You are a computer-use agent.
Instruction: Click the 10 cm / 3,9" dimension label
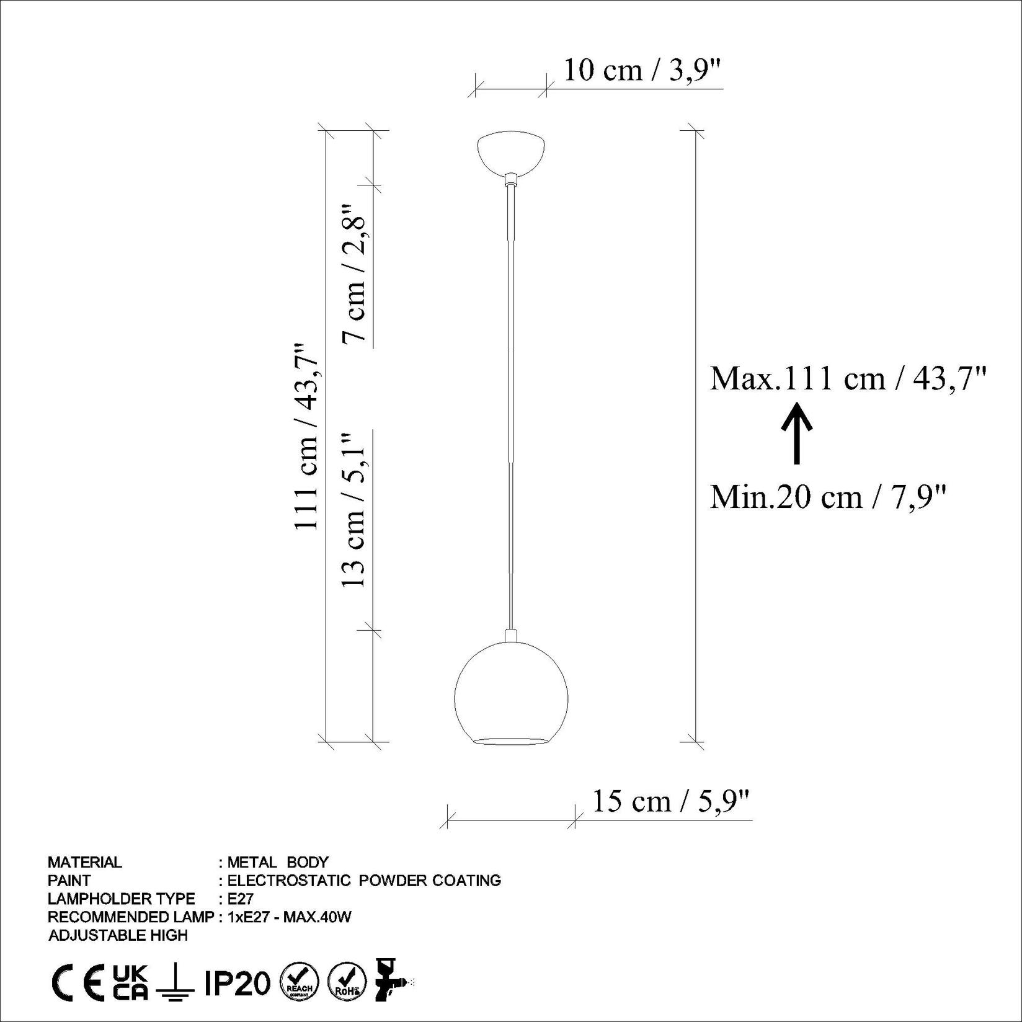pyautogui.click(x=643, y=71)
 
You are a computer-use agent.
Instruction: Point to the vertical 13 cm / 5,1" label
pyautogui.click(x=355, y=510)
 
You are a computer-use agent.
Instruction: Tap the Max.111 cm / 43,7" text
pyautogui.click(x=847, y=378)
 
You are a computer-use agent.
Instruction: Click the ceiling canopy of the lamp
pyautogui.click(x=511, y=151)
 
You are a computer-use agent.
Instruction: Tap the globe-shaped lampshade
pyautogui.click(x=511, y=695)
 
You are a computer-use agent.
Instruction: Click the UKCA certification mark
pyautogui.click(x=131, y=982)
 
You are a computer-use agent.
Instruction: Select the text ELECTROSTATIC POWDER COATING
pyautogui.click(x=364, y=880)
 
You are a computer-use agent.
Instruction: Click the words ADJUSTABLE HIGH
pyautogui.click(x=118, y=935)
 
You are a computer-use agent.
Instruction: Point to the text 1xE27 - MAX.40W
pyautogui.click(x=290, y=917)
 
